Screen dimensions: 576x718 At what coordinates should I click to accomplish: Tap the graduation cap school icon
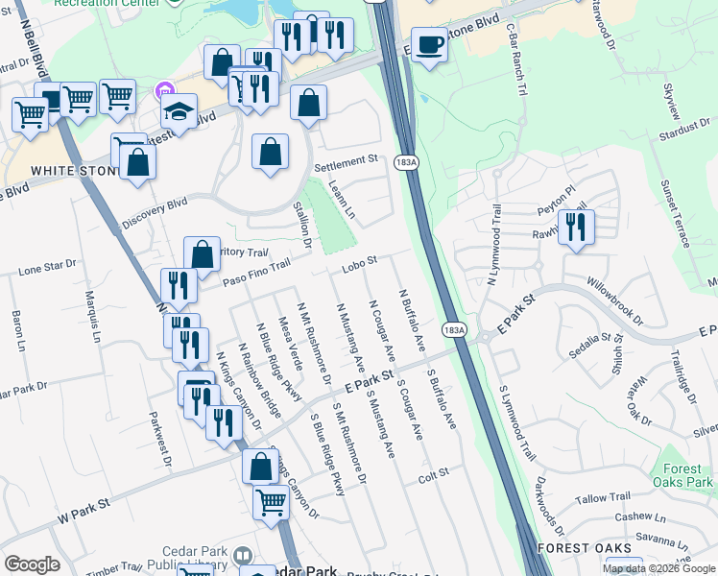pos(179,113)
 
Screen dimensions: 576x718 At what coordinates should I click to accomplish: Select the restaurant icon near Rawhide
pos(576,228)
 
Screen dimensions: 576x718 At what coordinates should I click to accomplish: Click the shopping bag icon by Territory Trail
pos(202,255)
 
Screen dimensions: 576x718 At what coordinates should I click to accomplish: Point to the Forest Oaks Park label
pos(682,475)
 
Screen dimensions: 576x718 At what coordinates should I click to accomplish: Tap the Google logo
pos(32,564)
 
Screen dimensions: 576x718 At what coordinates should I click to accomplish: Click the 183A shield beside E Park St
pos(454,329)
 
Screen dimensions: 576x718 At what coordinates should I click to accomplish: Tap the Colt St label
pos(434,476)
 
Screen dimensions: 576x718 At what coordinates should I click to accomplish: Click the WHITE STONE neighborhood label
pos(65,170)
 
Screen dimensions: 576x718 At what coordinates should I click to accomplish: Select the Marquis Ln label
pos(93,318)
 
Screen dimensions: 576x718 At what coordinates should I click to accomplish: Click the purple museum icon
pos(162,93)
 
